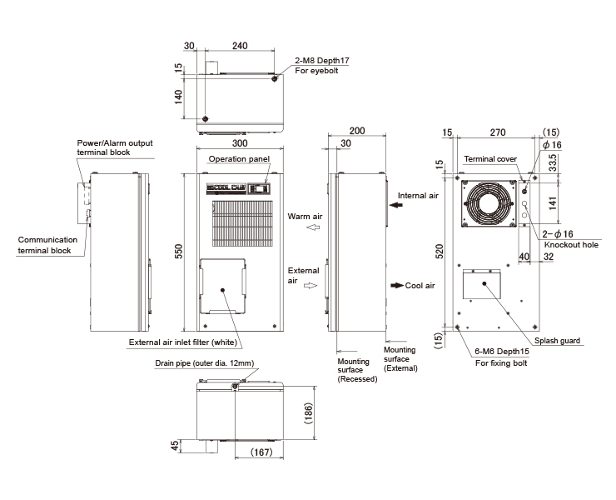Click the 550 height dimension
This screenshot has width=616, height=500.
point(178,252)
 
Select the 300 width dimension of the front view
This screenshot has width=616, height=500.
point(240,142)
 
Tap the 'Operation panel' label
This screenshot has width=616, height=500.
point(239,159)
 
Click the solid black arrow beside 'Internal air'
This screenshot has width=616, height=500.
point(396,205)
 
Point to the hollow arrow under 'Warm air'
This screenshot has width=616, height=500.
point(313,227)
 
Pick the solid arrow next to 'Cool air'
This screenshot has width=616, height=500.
point(397,285)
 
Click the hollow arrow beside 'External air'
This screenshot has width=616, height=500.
point(310,285)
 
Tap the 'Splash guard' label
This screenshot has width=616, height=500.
point(557,341)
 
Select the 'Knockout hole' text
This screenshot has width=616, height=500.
point(571,245)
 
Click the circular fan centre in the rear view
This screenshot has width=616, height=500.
point(489,203)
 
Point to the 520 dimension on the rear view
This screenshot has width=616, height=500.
point(440,252)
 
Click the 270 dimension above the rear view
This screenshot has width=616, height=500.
point(497,132)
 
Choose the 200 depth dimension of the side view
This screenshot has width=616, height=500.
point(357,131)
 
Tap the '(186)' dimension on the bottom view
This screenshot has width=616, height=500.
point(308,413)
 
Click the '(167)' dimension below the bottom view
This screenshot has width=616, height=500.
point(261,452)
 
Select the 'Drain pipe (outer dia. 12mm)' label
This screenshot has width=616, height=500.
point(204,363)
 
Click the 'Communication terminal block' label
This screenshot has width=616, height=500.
point(47,245)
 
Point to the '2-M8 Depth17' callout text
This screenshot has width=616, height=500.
point(322,61)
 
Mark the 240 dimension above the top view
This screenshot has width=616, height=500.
point(240,46)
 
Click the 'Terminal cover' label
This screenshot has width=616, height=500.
point(490,159)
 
